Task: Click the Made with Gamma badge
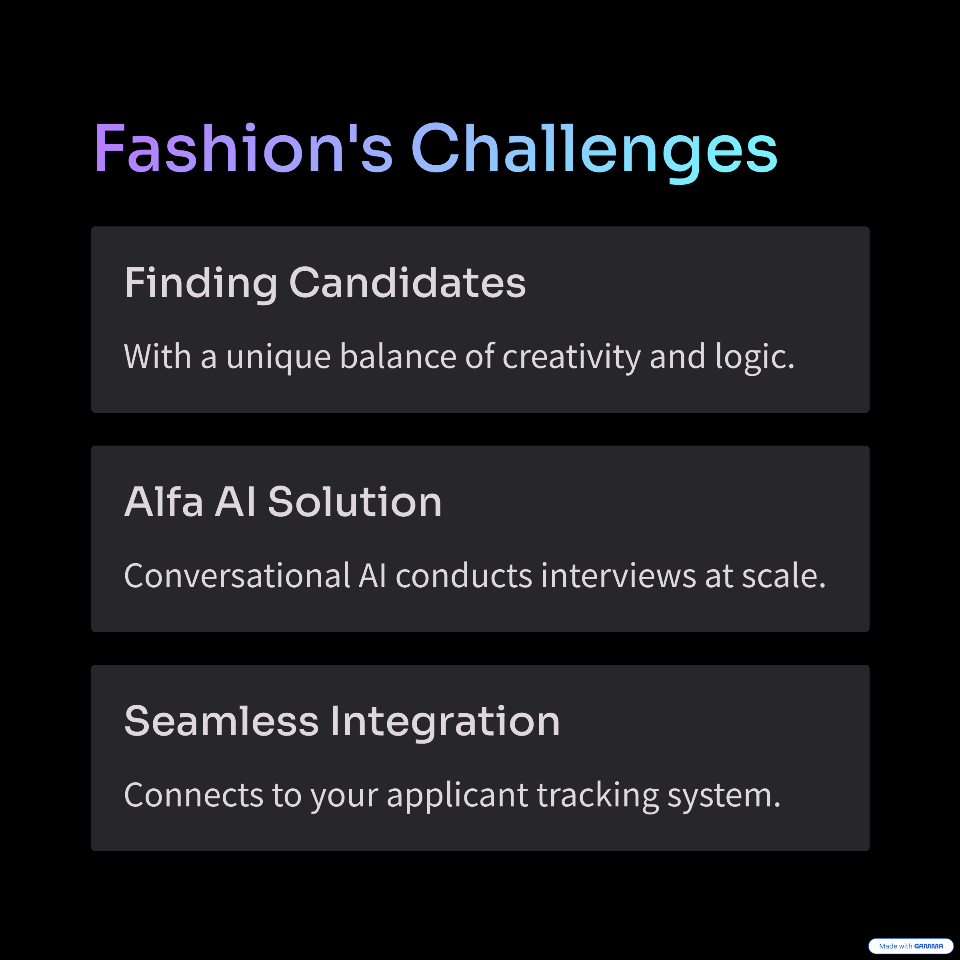[x=911, y=946]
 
